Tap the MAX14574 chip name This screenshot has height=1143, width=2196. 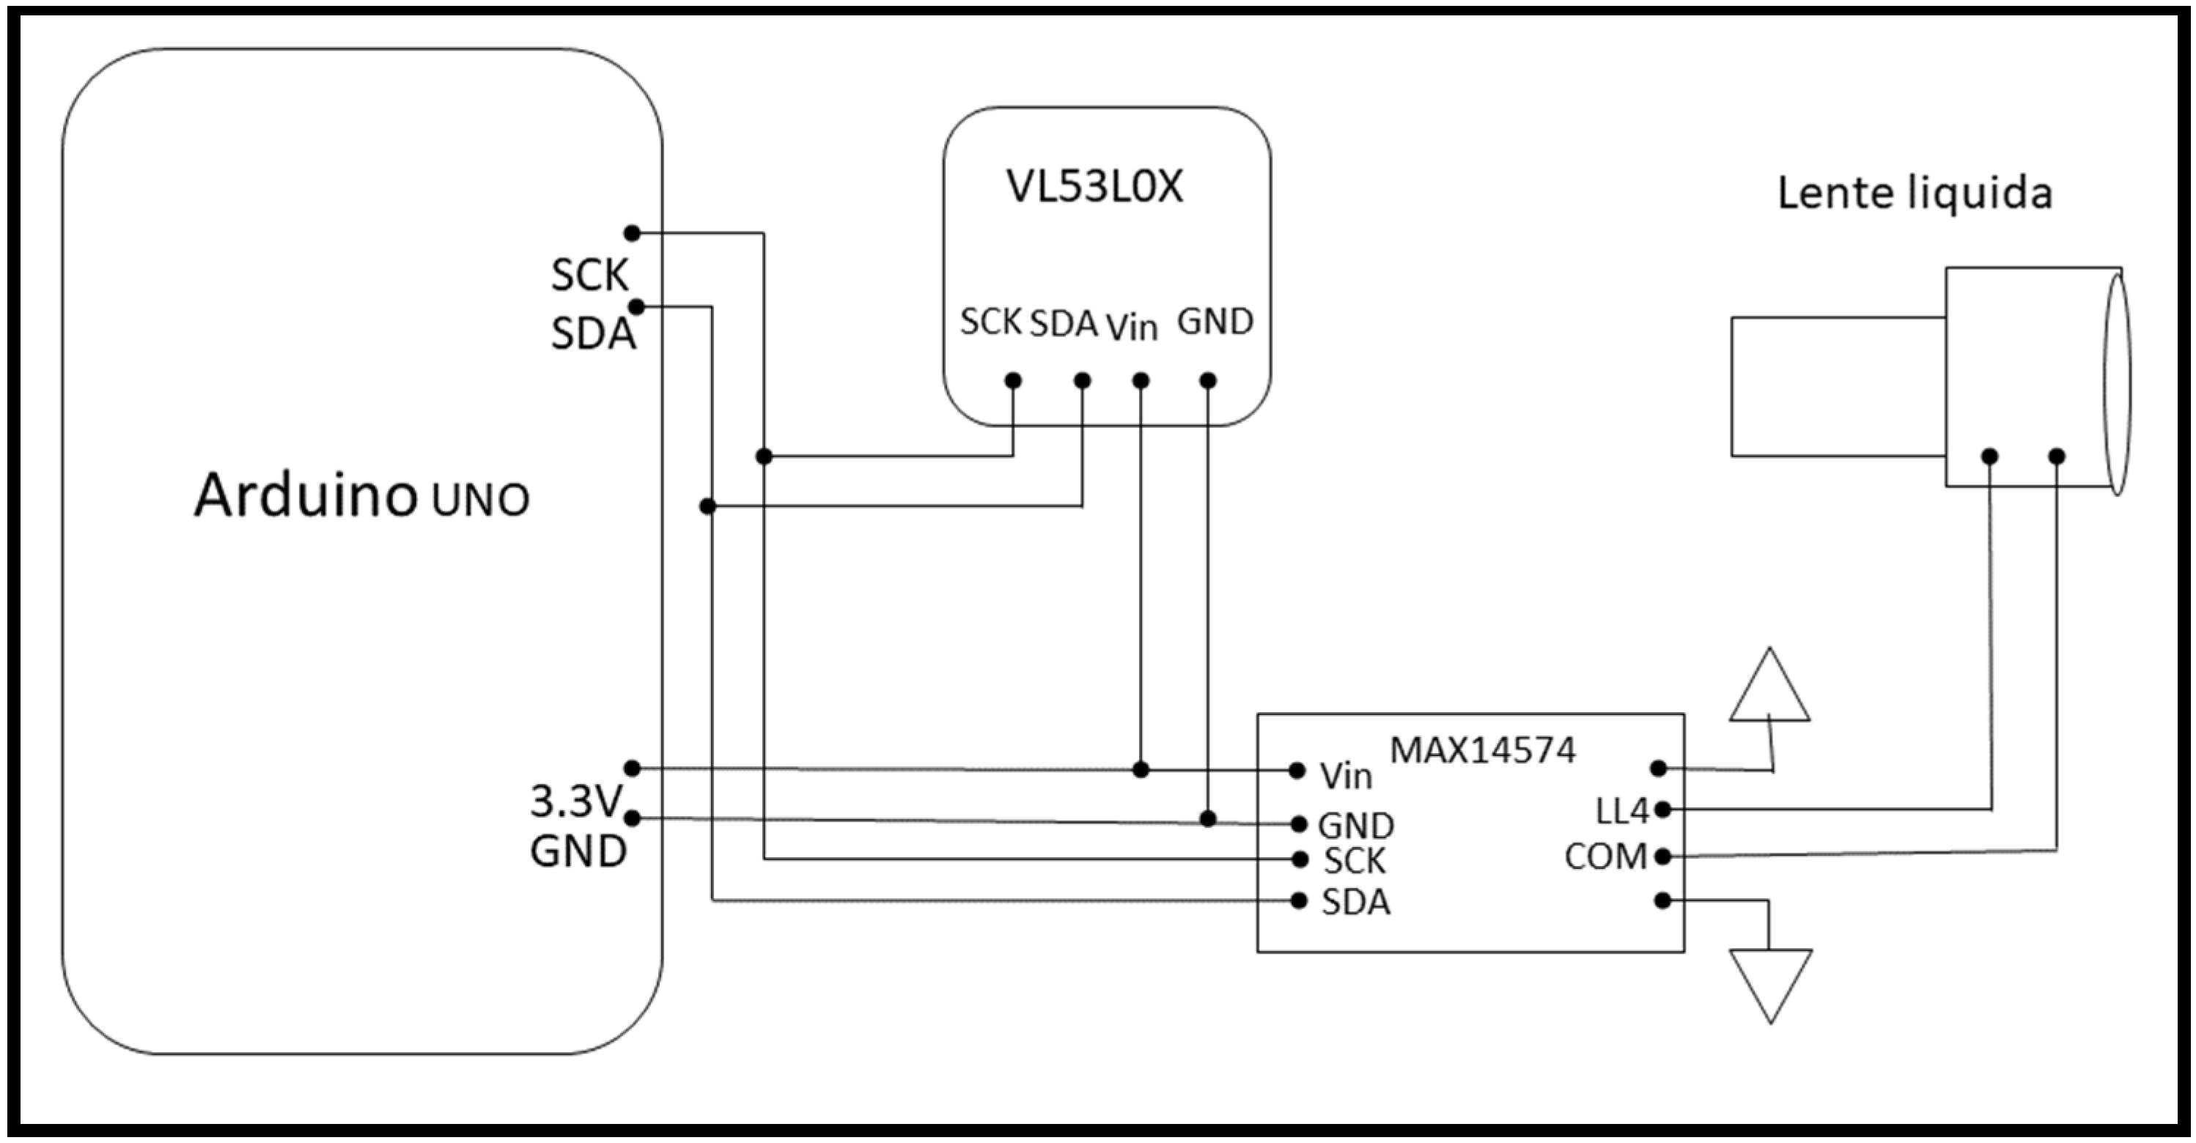click(x=1483, y=750)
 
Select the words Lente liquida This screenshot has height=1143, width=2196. click(x=1914, y=193)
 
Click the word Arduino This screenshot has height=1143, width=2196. click(x=304, y=495)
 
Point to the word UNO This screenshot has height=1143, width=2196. click(x=480, y=500)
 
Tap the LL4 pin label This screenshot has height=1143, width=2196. click(x=1621, y=811)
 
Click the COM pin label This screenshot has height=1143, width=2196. click(x=1605, y=857)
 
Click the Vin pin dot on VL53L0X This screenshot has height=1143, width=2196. click(x=1141, y=381)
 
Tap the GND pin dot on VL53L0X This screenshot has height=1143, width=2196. click(x=1208, y=381)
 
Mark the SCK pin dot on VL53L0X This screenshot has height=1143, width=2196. click(x=1013, y=381)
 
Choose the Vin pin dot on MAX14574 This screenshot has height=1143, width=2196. click(x=1297, y=771)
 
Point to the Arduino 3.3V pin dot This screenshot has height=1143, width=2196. click(x=632, y=768)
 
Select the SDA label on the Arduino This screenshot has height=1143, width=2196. click(x=592, y=333)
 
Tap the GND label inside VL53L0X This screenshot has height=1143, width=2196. click(x=1215, y=322)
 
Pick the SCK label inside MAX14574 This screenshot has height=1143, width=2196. click(x=1354, y=862)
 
